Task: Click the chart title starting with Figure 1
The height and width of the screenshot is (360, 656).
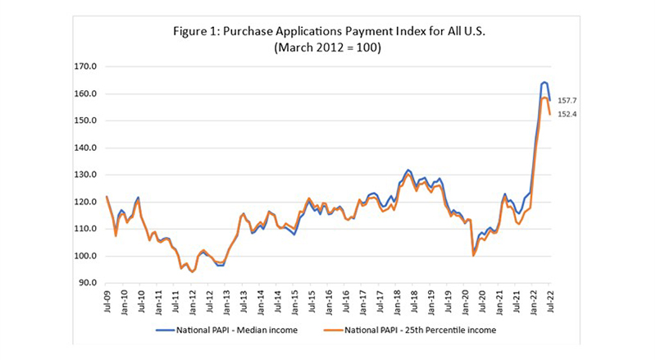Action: [327, 31]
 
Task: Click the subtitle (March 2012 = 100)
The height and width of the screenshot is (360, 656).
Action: [327, 48]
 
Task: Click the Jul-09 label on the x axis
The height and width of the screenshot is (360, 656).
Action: [107, 302]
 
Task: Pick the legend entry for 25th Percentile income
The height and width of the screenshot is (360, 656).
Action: [417, 330]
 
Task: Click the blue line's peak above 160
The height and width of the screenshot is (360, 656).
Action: [544, 82]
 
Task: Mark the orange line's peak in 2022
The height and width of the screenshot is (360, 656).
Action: [544, 98]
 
